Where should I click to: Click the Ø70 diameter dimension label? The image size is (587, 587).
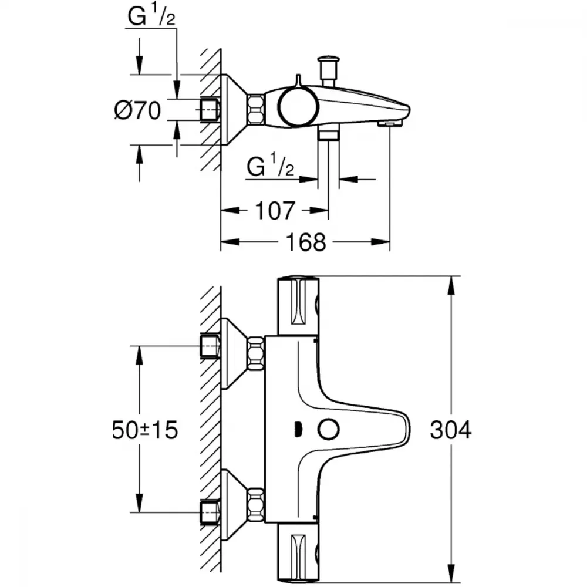137,110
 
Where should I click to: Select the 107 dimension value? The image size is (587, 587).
275,210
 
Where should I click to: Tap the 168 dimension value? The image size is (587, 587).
306,241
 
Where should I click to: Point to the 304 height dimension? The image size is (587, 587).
450,430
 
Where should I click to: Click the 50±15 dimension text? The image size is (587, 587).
144,430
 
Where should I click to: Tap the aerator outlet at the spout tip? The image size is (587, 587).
390,123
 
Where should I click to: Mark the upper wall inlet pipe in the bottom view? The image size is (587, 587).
210,346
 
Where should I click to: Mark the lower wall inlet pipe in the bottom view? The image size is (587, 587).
210,511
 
